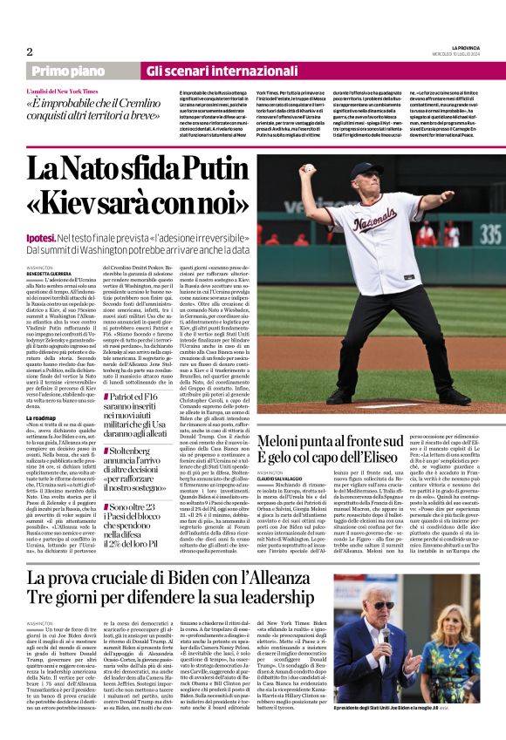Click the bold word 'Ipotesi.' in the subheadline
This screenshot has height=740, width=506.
41,237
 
